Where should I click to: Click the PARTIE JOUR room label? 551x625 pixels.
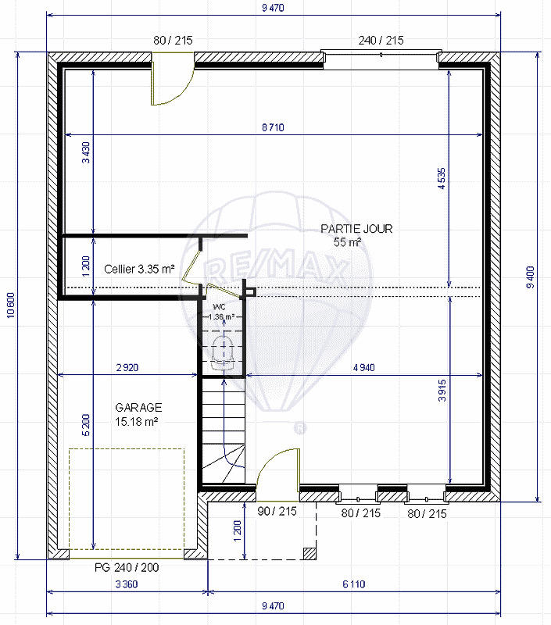(x=356, y=229)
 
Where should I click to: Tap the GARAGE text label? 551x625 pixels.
(x=138, y=407)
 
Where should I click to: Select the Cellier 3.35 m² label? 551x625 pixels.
(x=138, y=269)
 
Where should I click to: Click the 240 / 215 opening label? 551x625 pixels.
(x=381, y=41)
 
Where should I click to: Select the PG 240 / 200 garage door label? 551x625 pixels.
(x=126, y=568)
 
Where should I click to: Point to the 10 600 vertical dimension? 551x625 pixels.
(x=10, y=305)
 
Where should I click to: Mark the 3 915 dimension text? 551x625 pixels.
(x=442, y=388)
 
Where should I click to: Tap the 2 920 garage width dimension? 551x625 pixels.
(x=126, y=366)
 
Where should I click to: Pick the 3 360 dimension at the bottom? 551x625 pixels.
(x=127, y=584)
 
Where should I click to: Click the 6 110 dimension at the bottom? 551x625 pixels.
(x=352, y=584)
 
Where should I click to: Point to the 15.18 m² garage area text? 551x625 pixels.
(x=137, y=421)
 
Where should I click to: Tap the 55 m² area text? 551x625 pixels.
(x=348, y=242)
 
